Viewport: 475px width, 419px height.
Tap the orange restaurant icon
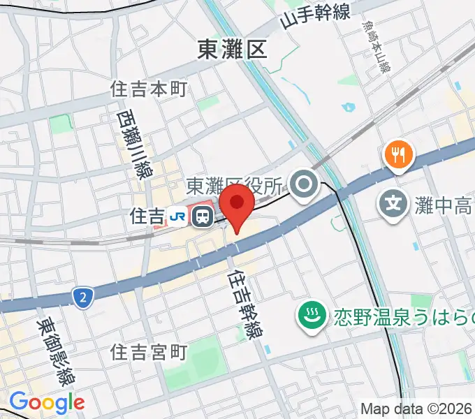pos(398,154)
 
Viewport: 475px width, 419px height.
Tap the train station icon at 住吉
pos(203,216)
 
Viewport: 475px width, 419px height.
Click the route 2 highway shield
pos(83,299)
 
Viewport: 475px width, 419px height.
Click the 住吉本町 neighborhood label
pos(149,89)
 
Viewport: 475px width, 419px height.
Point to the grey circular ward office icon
pos(305,185)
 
